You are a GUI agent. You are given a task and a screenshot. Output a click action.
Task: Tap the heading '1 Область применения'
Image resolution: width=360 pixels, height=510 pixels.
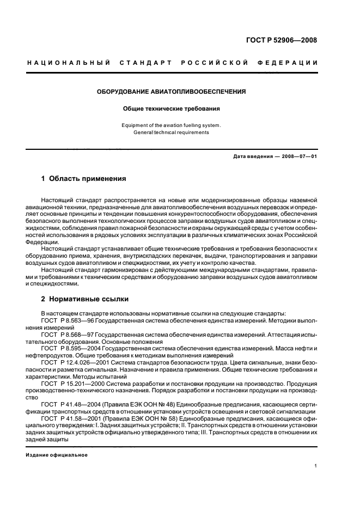84,178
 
